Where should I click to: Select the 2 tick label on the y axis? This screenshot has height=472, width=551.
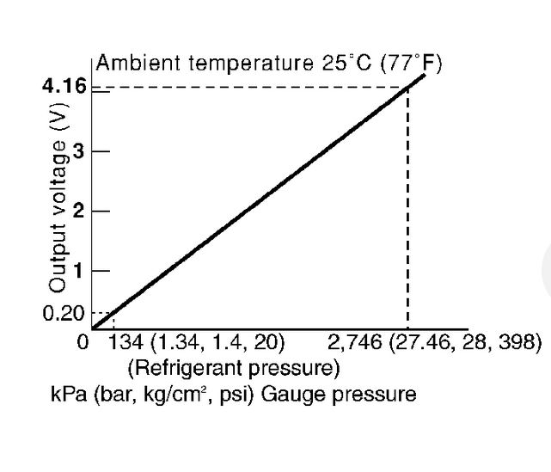pyautogui.click(x=80, y=211)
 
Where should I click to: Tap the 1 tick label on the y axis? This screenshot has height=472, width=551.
pyautogui.click(x=80, y=271)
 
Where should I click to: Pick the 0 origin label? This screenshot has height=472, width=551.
pyautogui.click(x=83, y=343)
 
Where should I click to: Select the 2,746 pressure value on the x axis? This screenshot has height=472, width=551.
pyautogui.click(x=356, y=343)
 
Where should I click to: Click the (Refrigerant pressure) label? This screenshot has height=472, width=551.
pyautogui.click(x=233, y=369)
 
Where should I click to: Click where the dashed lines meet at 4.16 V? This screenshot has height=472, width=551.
pyautogui.click(x=407, y=87)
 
